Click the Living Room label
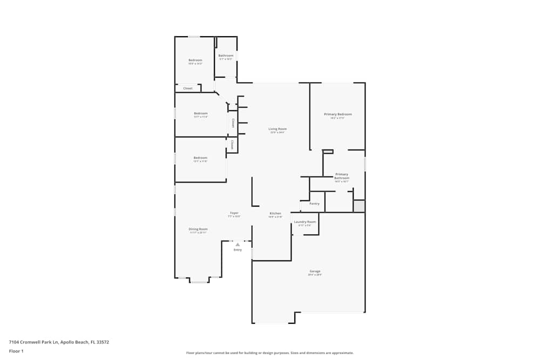click(278, 129)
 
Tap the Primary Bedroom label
click(337, 114)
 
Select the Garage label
click(315, 271)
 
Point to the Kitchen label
click(275, 214)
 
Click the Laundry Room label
click(305, 222)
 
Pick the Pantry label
click(314, 204)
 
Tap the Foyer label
click(234, 213)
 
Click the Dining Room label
click(198, 229)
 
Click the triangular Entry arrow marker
click(238, 244)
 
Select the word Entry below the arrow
click(238, 250)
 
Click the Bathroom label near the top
click(226, 56)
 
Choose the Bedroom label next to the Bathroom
click(195, 60)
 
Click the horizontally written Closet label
click(188, 89)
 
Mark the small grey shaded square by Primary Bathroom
click(359, 206)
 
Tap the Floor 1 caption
click(16, 351)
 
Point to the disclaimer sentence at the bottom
click(270, 352)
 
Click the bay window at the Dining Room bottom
click(199, 281)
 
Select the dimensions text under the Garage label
click(315, 275)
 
